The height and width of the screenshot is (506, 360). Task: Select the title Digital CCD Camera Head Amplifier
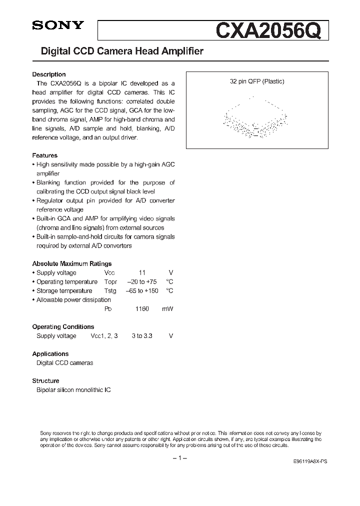pos(118,51)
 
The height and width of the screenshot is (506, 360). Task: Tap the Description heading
pos(49,74)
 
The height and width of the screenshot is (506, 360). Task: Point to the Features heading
pos(45,155)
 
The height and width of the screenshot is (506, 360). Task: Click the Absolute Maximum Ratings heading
pos(72,263)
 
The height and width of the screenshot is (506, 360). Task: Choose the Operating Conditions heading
pos(63,326)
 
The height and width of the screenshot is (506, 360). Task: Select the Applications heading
pos(50,353)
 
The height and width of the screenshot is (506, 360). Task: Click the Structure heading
pos(45,380)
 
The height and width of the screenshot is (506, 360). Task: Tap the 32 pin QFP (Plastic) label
pos(257,81)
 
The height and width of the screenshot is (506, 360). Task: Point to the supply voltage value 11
pos(142,273)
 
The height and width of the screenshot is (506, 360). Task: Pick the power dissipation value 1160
pos(142,309)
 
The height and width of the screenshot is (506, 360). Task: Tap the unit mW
pos(167,309)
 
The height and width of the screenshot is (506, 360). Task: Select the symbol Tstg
pos(110,291)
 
